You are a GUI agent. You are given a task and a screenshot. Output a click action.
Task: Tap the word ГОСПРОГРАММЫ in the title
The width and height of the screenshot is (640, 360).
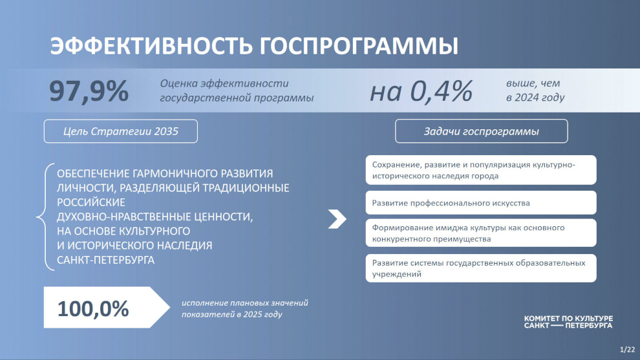359,45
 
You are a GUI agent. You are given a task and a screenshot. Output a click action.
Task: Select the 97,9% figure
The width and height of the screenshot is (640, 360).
89,91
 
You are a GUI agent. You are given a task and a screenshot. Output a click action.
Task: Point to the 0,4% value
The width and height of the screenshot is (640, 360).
441,90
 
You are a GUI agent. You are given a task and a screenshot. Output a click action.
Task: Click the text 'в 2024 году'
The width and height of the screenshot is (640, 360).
535,98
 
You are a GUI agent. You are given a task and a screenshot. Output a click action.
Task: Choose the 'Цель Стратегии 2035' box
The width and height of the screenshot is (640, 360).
121,131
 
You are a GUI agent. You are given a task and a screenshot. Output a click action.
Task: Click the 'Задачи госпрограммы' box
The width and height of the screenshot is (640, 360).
481,131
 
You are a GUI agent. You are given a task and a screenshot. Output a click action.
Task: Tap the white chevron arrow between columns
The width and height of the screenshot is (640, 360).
337,219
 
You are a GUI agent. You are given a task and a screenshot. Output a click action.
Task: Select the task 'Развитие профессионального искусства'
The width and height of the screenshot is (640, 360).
481,203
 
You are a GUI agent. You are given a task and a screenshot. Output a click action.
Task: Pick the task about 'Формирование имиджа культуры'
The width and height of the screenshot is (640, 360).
481,233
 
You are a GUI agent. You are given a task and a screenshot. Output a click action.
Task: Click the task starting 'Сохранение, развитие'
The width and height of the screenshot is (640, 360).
481,170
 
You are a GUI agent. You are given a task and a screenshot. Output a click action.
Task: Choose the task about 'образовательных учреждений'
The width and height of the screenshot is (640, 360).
481,268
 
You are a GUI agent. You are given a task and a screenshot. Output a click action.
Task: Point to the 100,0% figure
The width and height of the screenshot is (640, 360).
93,308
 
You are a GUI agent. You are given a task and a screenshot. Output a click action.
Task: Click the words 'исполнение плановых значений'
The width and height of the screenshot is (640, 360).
245,303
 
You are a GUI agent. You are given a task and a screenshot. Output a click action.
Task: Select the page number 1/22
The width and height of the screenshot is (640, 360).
627,350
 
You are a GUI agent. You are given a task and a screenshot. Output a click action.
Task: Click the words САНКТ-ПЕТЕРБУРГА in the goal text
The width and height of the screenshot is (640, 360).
106,260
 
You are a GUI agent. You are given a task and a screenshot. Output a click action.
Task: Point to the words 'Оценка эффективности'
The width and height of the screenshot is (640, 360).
224,83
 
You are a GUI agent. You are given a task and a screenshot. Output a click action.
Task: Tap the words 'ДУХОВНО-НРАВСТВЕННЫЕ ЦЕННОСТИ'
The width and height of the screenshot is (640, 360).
155,217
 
